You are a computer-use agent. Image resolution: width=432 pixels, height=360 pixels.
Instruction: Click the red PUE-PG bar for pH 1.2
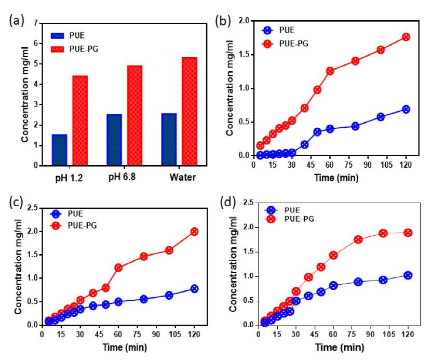[x=80, y=121]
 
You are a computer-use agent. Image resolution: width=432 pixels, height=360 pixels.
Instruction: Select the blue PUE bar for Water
[x=169, y=139]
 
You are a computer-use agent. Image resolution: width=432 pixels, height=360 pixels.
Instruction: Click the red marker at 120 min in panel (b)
[x=406, y=37]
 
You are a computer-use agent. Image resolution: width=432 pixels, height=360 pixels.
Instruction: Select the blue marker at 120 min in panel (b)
[x=406, y=109]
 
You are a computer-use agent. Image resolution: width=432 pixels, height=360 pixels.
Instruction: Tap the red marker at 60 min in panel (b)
[x=330, y=71]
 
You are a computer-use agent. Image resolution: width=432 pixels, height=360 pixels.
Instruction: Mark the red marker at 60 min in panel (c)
[x=118, y=268]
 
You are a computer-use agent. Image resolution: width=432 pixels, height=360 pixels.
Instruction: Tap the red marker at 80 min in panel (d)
[x=358, y=239]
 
